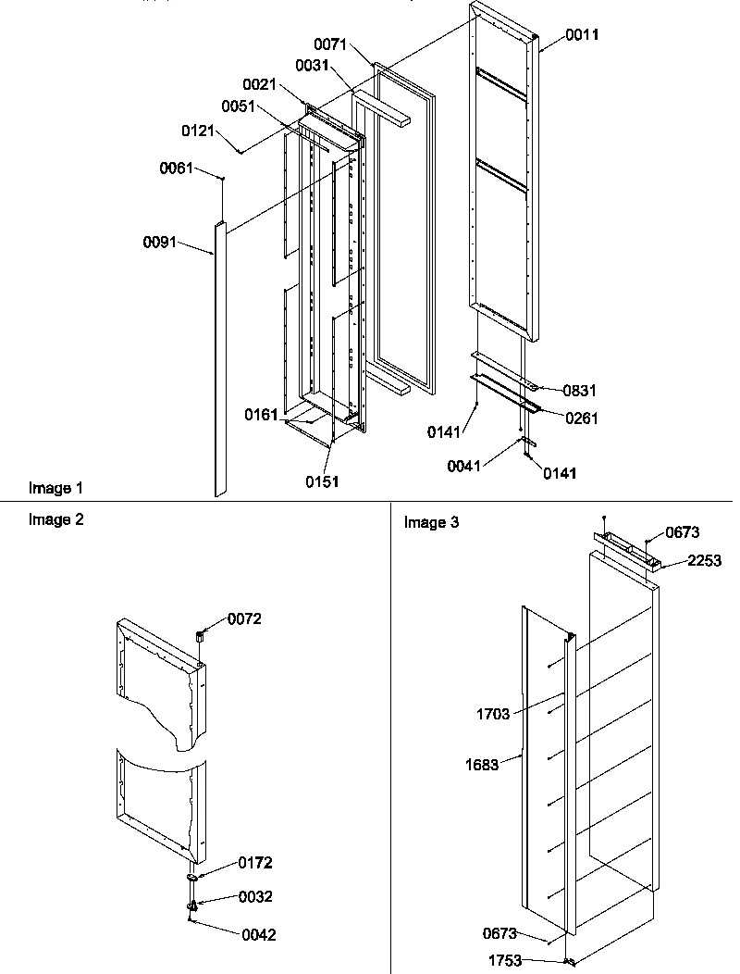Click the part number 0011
click(583, 35)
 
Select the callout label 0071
click(329, 44)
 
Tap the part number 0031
click(312, 65)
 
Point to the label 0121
click(199, 132)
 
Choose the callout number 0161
click(262, 415)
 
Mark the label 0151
click(324, 481)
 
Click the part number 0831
click(581, 391)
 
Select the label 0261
click(582, 418)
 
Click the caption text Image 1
click(55, 488)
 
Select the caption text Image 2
click(55, 519)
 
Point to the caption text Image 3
click(431, 523)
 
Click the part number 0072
click(245, 619)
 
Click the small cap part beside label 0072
click(200, 635)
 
